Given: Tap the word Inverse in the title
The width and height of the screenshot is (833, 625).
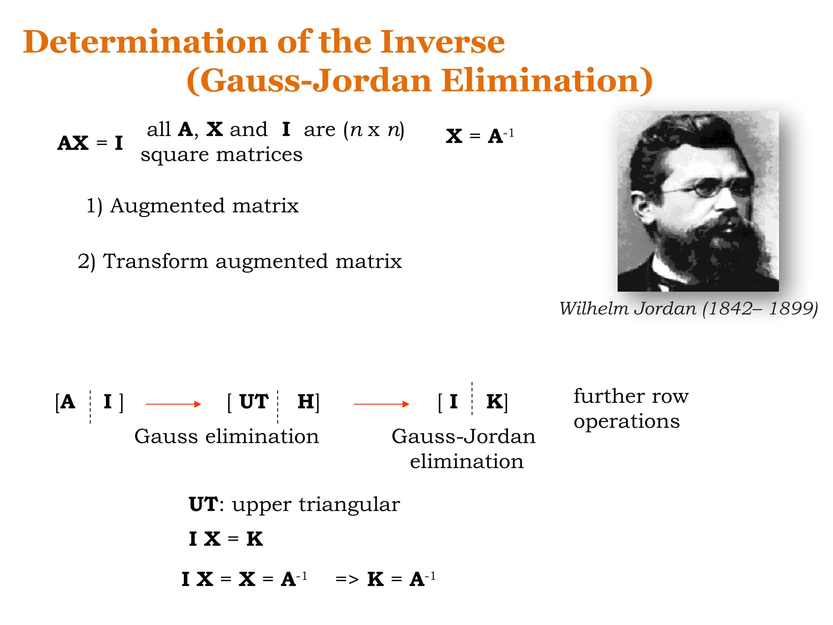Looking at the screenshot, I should point(442,42).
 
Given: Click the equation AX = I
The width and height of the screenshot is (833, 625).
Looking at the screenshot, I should point(90,143).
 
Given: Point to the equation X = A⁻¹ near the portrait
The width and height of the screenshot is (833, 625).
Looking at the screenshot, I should point(480,136).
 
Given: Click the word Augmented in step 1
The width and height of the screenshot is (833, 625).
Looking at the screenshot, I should point(167,205).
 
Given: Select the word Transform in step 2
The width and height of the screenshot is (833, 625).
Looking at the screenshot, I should point(155,261).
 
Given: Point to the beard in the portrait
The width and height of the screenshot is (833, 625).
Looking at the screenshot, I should point(728,248).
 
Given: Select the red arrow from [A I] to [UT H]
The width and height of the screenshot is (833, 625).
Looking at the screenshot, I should point(173,404).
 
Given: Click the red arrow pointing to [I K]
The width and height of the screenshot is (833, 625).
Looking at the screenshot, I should point(382,404).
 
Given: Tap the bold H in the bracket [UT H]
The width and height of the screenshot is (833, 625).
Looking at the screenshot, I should point(306,402).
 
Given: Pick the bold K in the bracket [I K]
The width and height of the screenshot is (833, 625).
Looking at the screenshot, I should point(495,402).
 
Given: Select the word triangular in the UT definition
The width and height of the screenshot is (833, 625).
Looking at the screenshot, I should point(349,505).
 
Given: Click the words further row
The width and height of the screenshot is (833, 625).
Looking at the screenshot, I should point(631,396).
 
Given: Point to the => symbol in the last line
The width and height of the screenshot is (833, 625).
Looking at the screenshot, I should point(347,579).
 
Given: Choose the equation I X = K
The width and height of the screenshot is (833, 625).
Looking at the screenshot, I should point(226,539).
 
